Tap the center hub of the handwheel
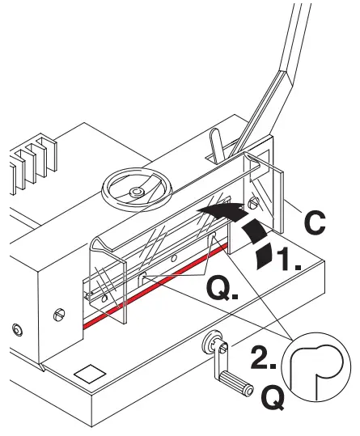point(137,191)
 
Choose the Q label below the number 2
point(275,401)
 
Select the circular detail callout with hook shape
point(317,367)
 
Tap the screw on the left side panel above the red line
point(59,311)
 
